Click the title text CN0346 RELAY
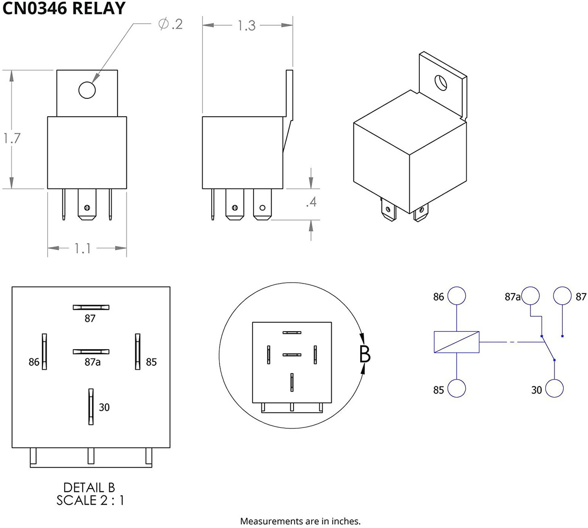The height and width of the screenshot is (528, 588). [64, 8]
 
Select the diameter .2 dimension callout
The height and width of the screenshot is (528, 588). [170, 24]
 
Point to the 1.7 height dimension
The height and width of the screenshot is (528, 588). [12, 138]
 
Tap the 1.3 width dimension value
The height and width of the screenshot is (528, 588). [246, 26]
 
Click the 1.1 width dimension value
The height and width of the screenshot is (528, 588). [83, 249]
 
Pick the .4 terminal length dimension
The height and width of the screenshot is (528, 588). [311, 202]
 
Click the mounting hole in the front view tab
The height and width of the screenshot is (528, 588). [87, 90]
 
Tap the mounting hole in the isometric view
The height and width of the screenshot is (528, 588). [441, 83]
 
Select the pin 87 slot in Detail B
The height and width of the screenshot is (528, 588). [91, 307]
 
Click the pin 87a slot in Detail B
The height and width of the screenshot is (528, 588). [91, 352]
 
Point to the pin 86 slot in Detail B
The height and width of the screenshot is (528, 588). [45, 352]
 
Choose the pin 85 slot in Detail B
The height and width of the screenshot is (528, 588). [137, 352]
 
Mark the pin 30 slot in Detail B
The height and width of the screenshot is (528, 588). [91, 406]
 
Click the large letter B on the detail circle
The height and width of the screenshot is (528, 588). [365, 354]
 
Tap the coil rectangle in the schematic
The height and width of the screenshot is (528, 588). [457, 342]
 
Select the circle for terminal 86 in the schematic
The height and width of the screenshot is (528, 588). [457, 296]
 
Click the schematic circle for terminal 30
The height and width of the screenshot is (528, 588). [554, 388]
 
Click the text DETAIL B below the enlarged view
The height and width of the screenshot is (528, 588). [89, 488]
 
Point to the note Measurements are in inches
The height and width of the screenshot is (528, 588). [300, 521]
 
